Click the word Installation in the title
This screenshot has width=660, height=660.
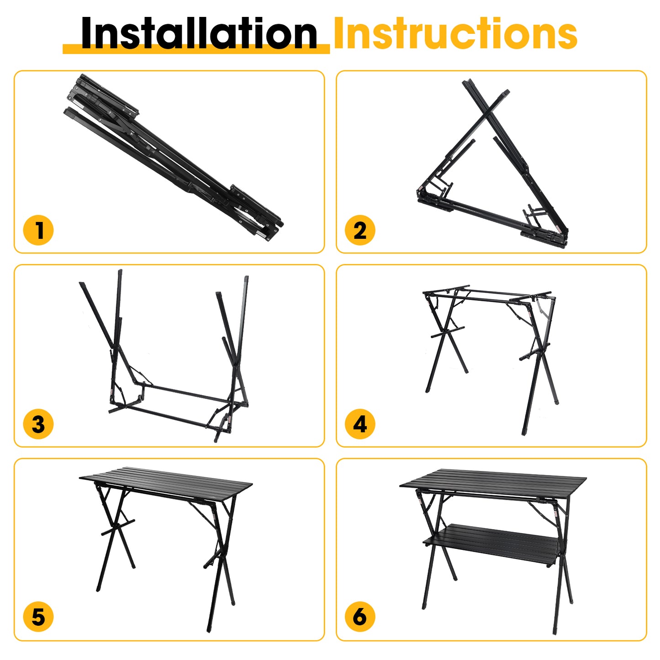[199, 33]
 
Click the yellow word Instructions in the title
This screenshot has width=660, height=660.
[456, 33]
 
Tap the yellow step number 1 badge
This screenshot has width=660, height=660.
[38, 230]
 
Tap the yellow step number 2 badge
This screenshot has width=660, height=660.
[360, 230]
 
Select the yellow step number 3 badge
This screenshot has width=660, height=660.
[38, 424]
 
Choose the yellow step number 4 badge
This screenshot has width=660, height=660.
[360, 424]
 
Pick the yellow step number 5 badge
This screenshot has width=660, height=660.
[38, 617]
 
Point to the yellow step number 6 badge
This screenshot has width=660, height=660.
[360, 617]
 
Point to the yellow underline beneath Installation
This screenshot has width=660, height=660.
[196, 49]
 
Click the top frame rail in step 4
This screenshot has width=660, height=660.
[486, 296]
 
